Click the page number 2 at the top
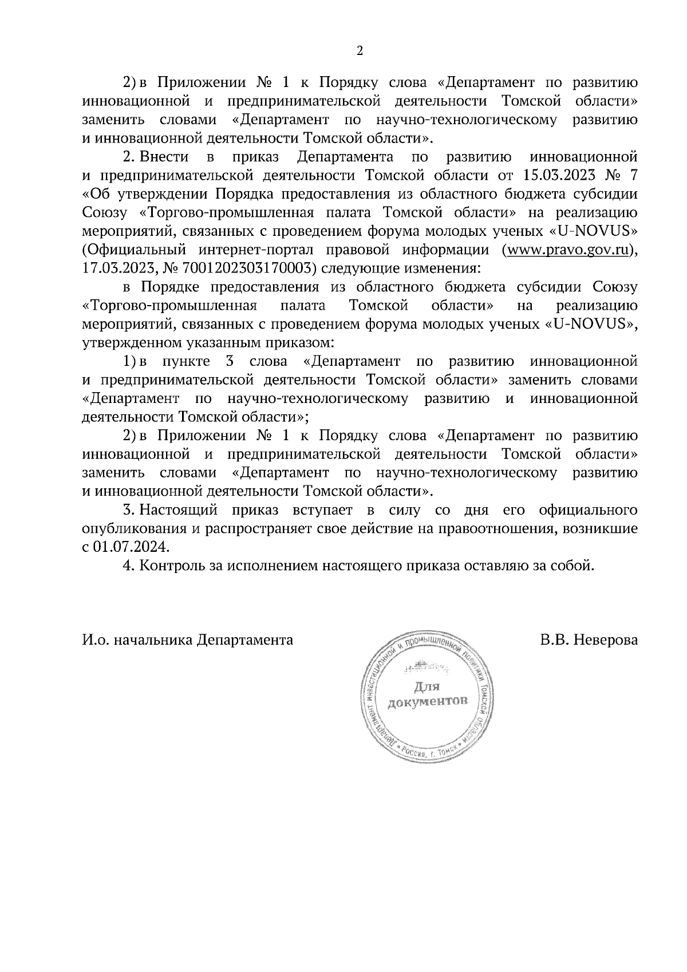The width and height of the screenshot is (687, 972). coord(360,51)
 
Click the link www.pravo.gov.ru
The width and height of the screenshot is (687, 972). coord(567,250)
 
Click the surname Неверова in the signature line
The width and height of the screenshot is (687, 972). coord(605,639)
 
